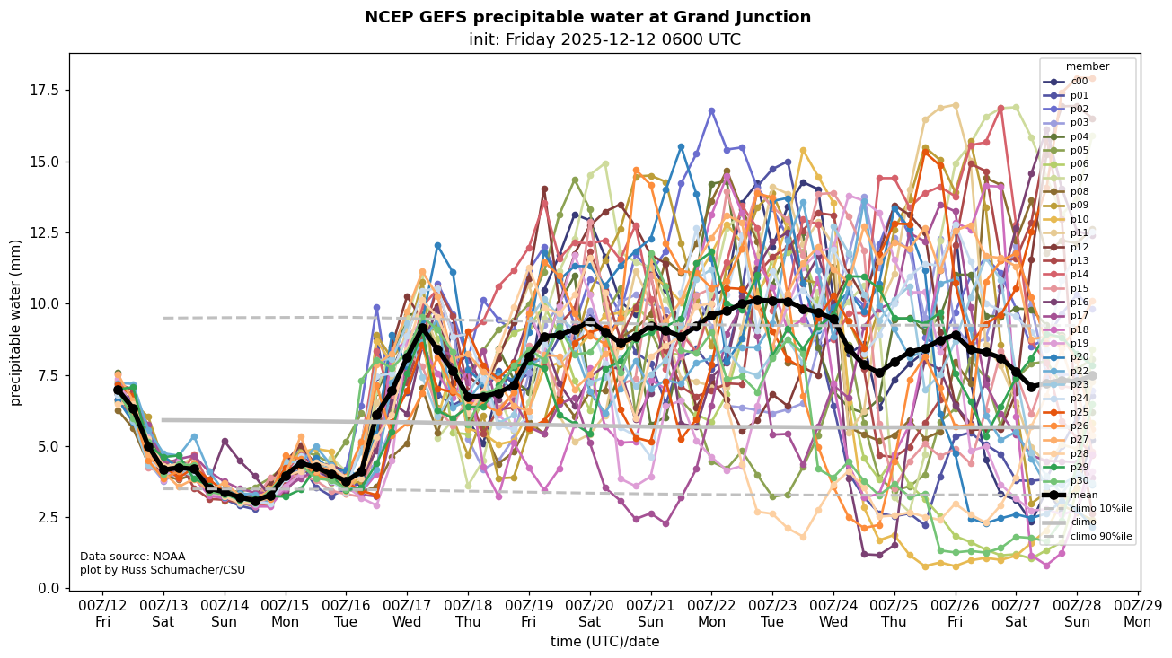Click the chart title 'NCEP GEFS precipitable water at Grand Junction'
587,17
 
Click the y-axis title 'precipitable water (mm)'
16,322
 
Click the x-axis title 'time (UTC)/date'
604,641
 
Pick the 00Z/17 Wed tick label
407,613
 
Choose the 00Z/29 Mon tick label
1138,613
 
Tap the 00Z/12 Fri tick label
102,613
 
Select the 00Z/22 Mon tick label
711,613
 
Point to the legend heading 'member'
1088,66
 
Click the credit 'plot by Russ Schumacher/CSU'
163,570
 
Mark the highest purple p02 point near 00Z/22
711,110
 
